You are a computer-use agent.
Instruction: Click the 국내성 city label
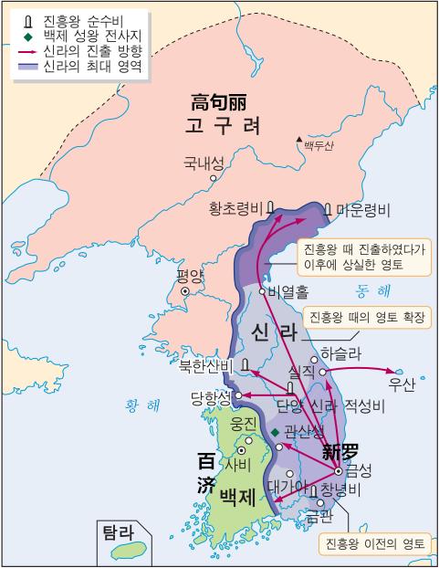(x=203, y=164)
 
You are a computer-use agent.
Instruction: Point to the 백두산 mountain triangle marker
(x=298, y=141)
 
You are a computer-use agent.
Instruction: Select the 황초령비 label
(x=236, y=209)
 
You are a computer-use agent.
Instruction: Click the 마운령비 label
(x=362, y=209)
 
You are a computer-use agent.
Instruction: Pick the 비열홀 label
(x=289, y=292)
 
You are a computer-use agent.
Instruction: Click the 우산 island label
(x=402, y=384)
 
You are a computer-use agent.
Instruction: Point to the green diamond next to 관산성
(x=275, y=431)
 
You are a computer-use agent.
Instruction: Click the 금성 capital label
(x=360, y=471)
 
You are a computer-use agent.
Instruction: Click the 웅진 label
(x=244, y=424)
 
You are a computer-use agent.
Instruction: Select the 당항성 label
(x=209, y=397)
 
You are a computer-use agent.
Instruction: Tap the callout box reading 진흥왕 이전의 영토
(x=374, y=543)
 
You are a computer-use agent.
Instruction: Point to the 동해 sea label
(x=372, y=291)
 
